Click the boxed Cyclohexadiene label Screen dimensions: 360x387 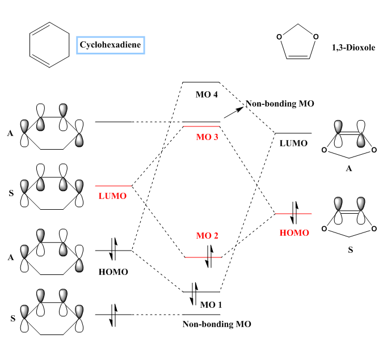point(110,44)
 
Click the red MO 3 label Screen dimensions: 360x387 point(207,137)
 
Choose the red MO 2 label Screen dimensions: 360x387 point(207,236)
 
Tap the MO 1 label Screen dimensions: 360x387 point(212,304)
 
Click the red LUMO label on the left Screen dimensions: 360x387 point(112,196)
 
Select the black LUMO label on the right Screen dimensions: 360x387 point(293,143)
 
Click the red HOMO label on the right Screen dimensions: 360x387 point(294,233)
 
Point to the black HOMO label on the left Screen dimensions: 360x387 point(113,272)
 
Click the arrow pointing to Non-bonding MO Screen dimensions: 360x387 point(233,112)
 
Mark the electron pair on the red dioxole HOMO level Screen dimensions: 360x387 point(294,213)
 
